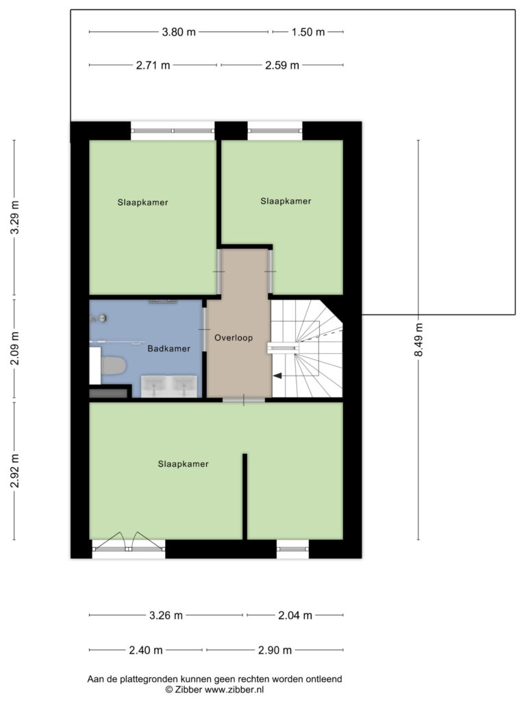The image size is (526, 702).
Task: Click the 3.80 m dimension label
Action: tap(179, 32)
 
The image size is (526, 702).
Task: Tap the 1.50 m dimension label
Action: tap(308, 32)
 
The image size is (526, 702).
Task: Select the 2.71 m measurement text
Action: tap(153, 65)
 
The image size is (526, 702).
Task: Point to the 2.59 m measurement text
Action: tap(282, 65)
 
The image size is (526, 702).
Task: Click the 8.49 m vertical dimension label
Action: tap(418, 340)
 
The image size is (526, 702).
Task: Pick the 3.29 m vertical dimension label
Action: tap(15, 217)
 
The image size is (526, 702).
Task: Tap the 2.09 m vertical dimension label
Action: tap(15, 348)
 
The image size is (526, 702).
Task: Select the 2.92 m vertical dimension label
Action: tap(15, 471)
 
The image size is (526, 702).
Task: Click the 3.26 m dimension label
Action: tap(166, 616)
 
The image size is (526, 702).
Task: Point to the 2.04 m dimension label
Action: tap(295, 616)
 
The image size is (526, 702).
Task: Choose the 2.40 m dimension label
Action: tap(146, 650)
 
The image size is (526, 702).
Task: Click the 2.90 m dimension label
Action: tap(275, 650)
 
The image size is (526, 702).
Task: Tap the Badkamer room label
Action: tap(169, 349)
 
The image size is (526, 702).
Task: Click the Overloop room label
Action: tap(234, 338)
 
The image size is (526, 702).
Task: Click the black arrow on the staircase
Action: tap(278, 376)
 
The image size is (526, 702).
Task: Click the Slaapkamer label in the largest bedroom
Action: tap(184, 464)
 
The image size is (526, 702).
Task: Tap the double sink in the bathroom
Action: tap(170, 387)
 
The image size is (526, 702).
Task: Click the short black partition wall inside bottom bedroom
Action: tap(245, 496)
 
